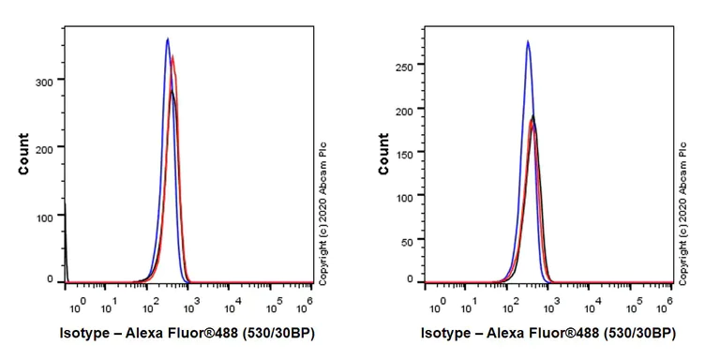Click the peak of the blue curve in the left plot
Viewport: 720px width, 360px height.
[167, 39]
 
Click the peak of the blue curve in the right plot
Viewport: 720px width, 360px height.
[528, 41]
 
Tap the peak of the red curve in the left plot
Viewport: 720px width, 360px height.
[173, 56]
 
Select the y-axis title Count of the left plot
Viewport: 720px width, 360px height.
[23, 157]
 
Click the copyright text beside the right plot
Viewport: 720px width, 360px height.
[683, 212]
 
